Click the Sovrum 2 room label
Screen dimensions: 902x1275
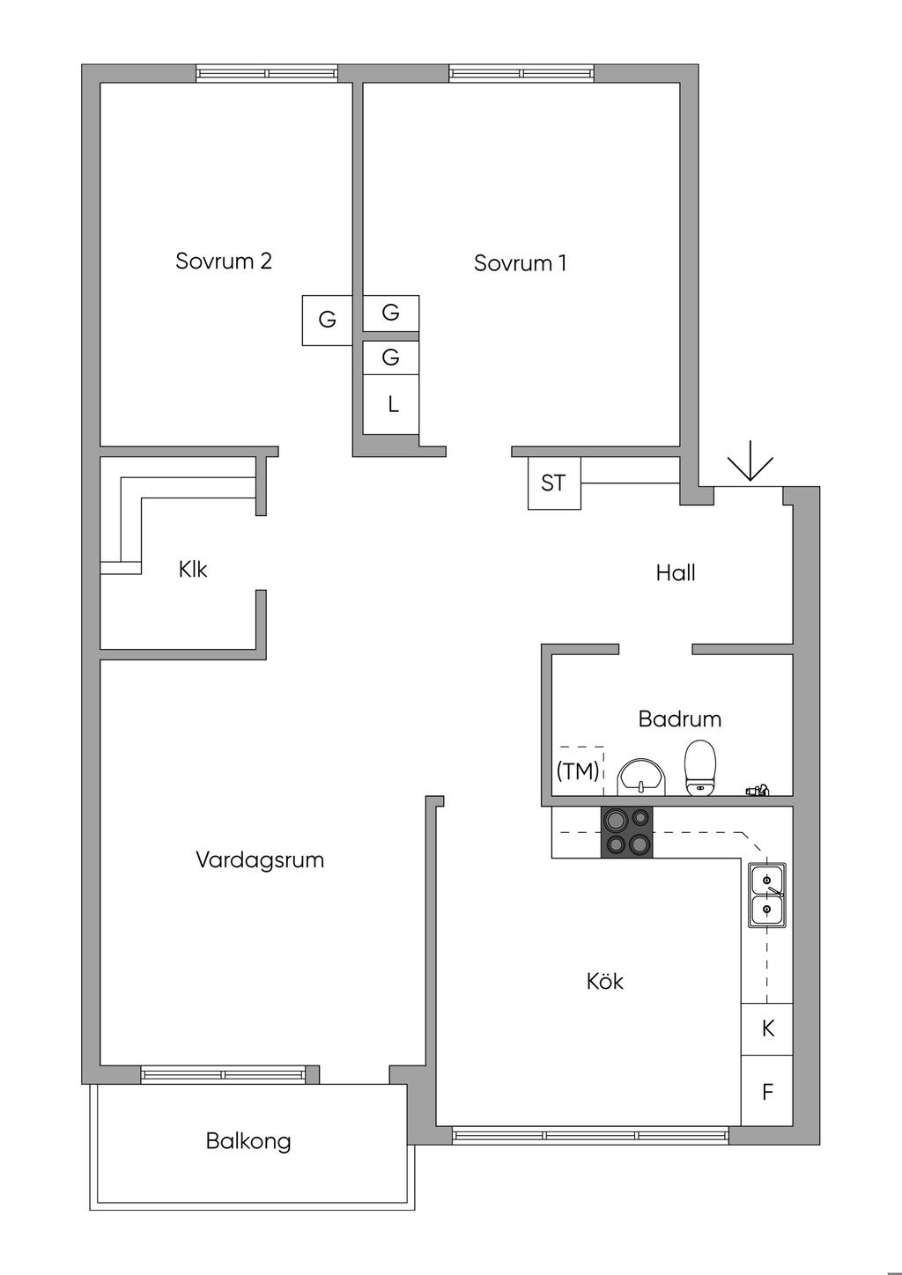point(224,261)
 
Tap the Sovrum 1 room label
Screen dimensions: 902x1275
point(520,262)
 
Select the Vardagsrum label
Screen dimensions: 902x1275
point(260,859)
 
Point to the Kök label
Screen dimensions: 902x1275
point(605,981)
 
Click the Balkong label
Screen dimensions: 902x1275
point(248,1141)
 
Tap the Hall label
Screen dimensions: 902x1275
point(676,573)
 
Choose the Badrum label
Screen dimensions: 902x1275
point(679,719)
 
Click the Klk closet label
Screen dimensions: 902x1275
point(193,570)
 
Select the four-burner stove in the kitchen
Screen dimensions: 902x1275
point(627,832)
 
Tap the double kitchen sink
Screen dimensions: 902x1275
point(766,895)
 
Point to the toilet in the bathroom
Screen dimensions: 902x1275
point(700,767)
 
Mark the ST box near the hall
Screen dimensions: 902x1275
point(554,483)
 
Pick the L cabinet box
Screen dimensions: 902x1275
point(392,404)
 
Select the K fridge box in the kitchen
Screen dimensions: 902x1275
point(767,1028)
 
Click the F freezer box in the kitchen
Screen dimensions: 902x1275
point(767,1092)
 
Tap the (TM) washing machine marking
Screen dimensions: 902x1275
point(578,771)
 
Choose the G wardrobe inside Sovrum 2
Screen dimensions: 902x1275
point(328,320)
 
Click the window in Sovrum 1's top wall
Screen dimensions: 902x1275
point(521,73)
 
